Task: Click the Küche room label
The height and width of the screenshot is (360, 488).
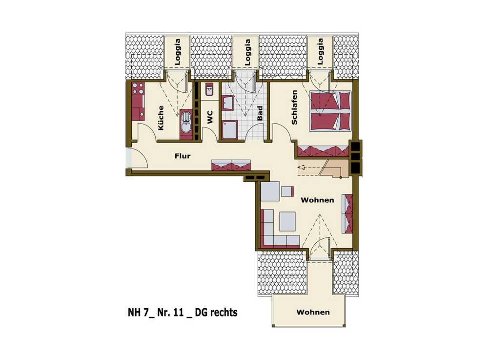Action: coord(161,118)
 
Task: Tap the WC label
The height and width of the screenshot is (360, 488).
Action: coord(210,117)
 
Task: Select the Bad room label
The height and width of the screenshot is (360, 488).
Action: coord(260,113)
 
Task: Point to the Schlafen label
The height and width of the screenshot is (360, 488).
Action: coord(294,107)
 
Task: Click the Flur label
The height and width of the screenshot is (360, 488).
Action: coord(183,156)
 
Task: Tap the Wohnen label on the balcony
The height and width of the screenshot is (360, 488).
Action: coord(313,312)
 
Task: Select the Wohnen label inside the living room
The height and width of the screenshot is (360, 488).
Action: coord(318,200)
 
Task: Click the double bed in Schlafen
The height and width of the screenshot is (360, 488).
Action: coord(330,111)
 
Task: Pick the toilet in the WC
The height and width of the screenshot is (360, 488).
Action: coord(209,90)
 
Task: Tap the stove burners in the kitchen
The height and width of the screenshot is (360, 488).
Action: coord(138,88)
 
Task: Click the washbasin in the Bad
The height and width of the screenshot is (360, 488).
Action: coord(228,103)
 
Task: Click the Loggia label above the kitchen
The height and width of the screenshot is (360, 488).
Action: coord(178,52)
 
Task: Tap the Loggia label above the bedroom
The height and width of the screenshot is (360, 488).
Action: coord(320,51)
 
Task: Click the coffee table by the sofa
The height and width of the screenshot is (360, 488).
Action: coord(287,221)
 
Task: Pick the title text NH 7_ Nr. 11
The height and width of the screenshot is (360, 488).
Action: coord(156,312)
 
